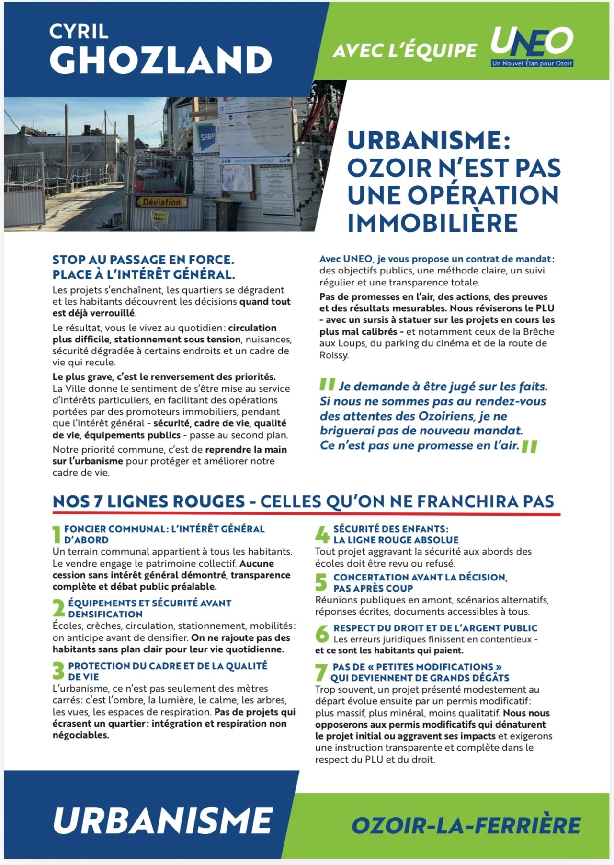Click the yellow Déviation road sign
pos(161,202)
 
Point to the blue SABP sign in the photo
pos(207,137)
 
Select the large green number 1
pos(57,535)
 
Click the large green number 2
pos(58,608)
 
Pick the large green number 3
pos(58,671)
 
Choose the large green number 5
pos(321,582)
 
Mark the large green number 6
pos(322,633)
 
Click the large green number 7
pos(321,672)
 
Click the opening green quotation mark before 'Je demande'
pos(328,384)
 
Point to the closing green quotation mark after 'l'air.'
pos(530,447)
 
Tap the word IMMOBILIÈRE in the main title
pos(432,223)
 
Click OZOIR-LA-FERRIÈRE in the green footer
pos(466,825)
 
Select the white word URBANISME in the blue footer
pos(163,820)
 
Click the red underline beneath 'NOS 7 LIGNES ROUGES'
pos(307,514)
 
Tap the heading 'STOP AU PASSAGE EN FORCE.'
pos(143,260)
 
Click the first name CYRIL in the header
pos(79,32)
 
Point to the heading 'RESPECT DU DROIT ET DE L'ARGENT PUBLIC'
pos(435,628)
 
